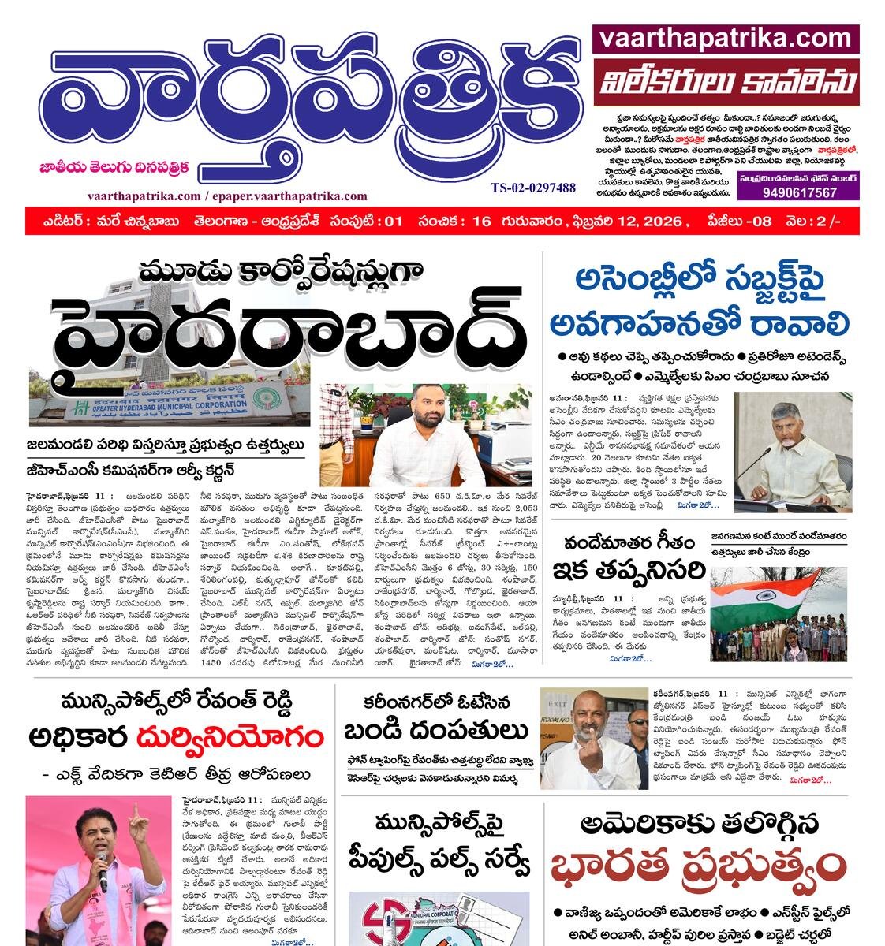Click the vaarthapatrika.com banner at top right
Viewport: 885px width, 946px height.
(x=726, y=38)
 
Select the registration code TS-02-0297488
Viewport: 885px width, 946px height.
(x=533, y=188)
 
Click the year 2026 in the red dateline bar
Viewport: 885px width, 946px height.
(x=662, y=222)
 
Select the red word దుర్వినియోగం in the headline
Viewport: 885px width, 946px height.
(x=230, y=738)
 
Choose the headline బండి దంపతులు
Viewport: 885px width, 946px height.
(x=435, y=731)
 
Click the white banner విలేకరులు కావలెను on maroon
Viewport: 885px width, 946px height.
(x=726, y=82)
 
